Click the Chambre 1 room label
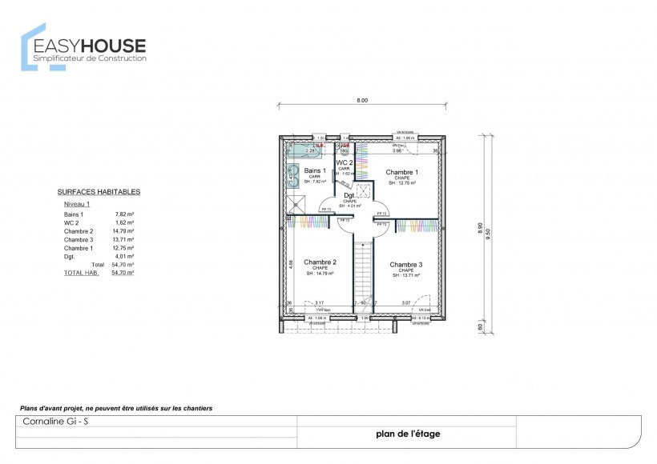pyautogui.click(x=401, y=172)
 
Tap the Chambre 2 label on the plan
pyautogui.click(x=320, y=262)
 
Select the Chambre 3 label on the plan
pyautogui.click(x=405, y=264)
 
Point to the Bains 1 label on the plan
pyautogui.click(x=315, y=171)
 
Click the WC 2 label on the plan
pyautogui.click(x=345, y=162)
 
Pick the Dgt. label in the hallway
pyautogui.click(x=349, y=195)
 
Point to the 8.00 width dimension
pyautogui.click(x=362, y=101)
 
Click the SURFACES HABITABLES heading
pyautogui.click(x=99, y=192)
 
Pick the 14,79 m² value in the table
pyautogui.click(x=123, y=231)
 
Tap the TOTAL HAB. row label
pyautogui.click(x=82, y=272)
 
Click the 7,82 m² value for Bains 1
pyautogui.click(x=124, y=214)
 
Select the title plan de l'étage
pyautogui.click(x=407, y=434)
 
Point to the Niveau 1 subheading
pyautogui.click(x=77, y=204)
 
